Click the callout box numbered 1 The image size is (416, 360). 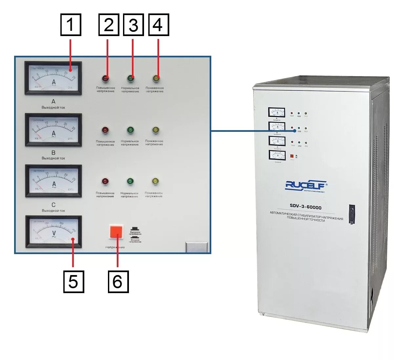click(x=71, y=25)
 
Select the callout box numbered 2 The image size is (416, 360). click(x=109, y=25)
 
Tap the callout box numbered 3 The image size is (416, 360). click(x=133, y=25)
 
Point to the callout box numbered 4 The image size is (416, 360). click(x=158, y=25)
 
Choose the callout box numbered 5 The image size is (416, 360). click(x=73, y=281)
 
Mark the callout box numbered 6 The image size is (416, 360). click(x=118, y=281)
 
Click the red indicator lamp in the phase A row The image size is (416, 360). click(x=105, y=78)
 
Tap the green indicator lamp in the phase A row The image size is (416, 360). click(x=131, y=78)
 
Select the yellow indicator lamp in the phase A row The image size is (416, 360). click(x=156, y=78)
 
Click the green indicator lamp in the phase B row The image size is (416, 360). click(x=130, y=130)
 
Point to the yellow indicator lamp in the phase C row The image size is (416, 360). click(x=155, y=181)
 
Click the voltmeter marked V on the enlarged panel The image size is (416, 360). click(x=53, y=232)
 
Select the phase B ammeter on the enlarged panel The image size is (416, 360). click(x=53, y=130)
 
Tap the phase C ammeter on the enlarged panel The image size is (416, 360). click(x=53, y=181)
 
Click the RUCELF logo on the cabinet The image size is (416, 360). click(x=306, y=186)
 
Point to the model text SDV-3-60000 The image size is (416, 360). click(x=305, y=207)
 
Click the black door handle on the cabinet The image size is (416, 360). click(x=352, y=214)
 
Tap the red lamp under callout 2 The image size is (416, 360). click(x=105, y=78)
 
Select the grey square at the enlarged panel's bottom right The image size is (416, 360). click(x=197, y=247)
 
